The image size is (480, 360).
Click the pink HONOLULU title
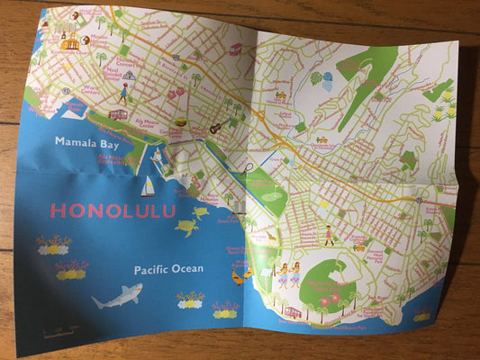113,211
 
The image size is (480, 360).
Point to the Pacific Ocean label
168,269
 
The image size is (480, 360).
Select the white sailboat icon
148,187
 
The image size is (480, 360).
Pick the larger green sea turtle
187,228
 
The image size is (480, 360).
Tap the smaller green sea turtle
200,212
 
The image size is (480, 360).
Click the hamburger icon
181,122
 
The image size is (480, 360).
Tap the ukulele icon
215,129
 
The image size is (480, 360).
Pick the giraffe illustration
271,236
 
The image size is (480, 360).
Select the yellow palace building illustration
70,42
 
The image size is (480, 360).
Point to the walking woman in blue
123,94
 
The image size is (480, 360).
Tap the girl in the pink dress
330,236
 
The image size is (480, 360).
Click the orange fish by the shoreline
238,277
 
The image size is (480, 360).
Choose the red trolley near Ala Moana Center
118,114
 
